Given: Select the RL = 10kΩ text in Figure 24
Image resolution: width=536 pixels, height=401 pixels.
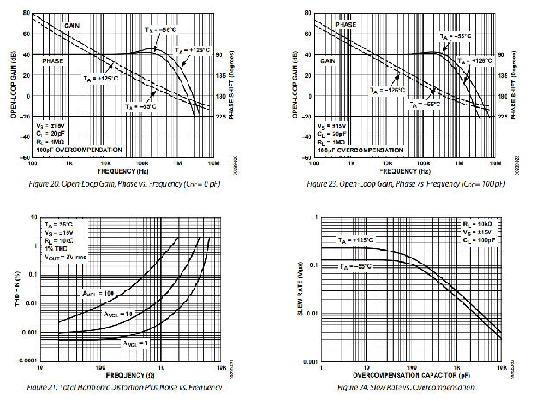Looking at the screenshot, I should coord(477,222).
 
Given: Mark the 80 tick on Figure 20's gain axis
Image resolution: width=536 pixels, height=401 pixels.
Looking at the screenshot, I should coord(26,14).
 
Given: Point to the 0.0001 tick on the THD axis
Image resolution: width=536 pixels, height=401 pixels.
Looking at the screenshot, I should coord(22,360).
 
